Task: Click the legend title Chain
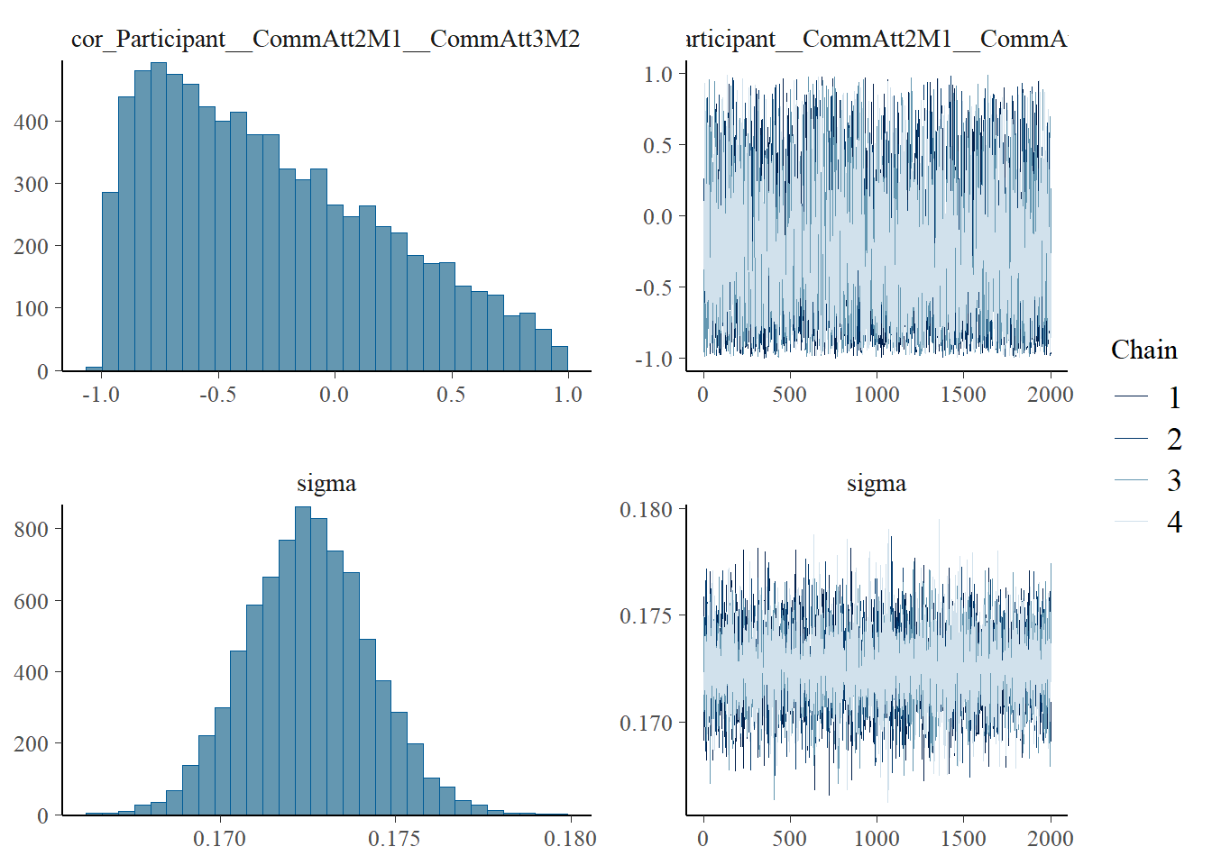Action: coord(1143,350)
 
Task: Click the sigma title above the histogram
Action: coord(326,483)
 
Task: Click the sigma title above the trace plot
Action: coord(876,483)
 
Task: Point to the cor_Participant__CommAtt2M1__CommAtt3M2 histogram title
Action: coord(326,39)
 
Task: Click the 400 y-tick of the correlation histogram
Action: coord(32,122)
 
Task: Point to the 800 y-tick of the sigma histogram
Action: coord(32,529)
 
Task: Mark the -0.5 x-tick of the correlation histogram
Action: coord(217,394)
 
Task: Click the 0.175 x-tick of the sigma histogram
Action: coord(394,839)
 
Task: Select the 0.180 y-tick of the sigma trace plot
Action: coord(646,510)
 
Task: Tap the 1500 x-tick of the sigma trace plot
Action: coord(963,839)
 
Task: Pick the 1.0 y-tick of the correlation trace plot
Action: coord(658,74)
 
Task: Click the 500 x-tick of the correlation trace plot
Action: coord(789,394)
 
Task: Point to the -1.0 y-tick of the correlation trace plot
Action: coord(654,359)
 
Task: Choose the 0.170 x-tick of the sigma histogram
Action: coord(219,839)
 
